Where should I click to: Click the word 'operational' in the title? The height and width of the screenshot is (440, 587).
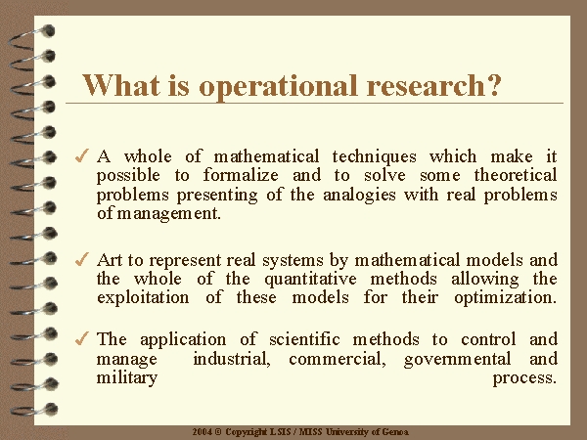[278, 87]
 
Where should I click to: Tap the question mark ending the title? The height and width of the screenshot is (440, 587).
[493, 85]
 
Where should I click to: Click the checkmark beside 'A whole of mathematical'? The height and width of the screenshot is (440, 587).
[82, 155]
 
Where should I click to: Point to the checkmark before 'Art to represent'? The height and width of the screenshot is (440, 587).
[82, 259]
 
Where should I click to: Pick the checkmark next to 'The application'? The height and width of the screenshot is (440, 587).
[82, 338]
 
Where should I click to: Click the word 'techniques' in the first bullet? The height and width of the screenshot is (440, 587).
[374, 157]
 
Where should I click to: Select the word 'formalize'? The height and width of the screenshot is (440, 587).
[241, 175]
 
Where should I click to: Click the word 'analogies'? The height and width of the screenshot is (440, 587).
[359, 196]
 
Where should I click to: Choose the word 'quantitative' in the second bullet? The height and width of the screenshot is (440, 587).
[310, 280]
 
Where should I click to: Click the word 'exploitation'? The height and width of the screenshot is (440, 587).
[143, 298]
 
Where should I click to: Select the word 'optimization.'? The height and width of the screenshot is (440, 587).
[506, 298]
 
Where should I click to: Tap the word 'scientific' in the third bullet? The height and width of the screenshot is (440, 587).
[304, 339]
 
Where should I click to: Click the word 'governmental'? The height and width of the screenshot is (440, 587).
[458, 360]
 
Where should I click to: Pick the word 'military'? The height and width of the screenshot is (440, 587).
[127, 378]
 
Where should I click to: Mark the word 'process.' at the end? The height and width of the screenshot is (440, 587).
[524, 378]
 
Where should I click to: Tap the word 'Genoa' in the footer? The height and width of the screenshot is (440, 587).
[395, 432]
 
